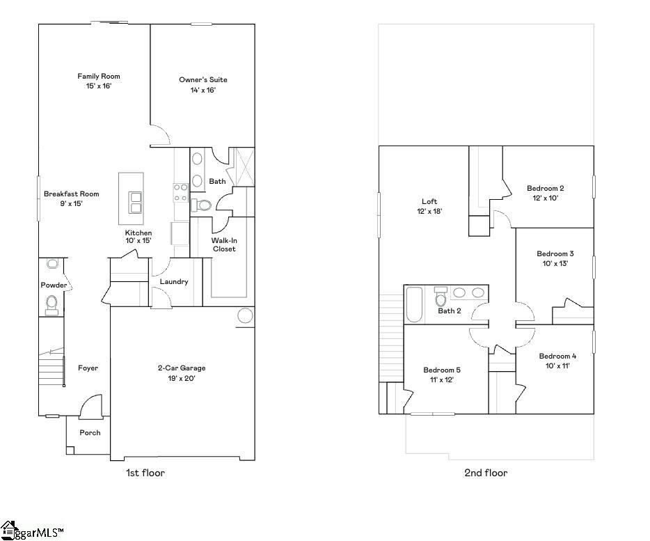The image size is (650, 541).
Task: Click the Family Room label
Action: (x=99, y=77)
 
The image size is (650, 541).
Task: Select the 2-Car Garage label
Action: (x=181, y=368)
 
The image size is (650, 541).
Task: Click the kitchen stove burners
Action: (x=181, y=192)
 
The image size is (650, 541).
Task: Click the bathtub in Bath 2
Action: (x=413, y=304)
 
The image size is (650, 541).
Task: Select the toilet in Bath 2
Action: (x=440, y=298)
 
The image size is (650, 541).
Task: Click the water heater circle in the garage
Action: (x=245, y=315)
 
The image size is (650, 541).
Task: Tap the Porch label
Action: (x=89, y=432)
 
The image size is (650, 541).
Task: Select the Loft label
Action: (x=429, y=202)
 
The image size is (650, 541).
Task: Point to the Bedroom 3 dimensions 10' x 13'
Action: (x=555, y=263)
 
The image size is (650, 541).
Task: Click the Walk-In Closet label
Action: (x=223, y=244)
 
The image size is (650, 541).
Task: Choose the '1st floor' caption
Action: (x=145, y=473)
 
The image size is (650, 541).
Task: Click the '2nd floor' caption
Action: (x=486, y=473)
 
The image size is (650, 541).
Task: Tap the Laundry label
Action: (x=174, y=282)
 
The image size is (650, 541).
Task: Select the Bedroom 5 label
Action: (x=442, y=370)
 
